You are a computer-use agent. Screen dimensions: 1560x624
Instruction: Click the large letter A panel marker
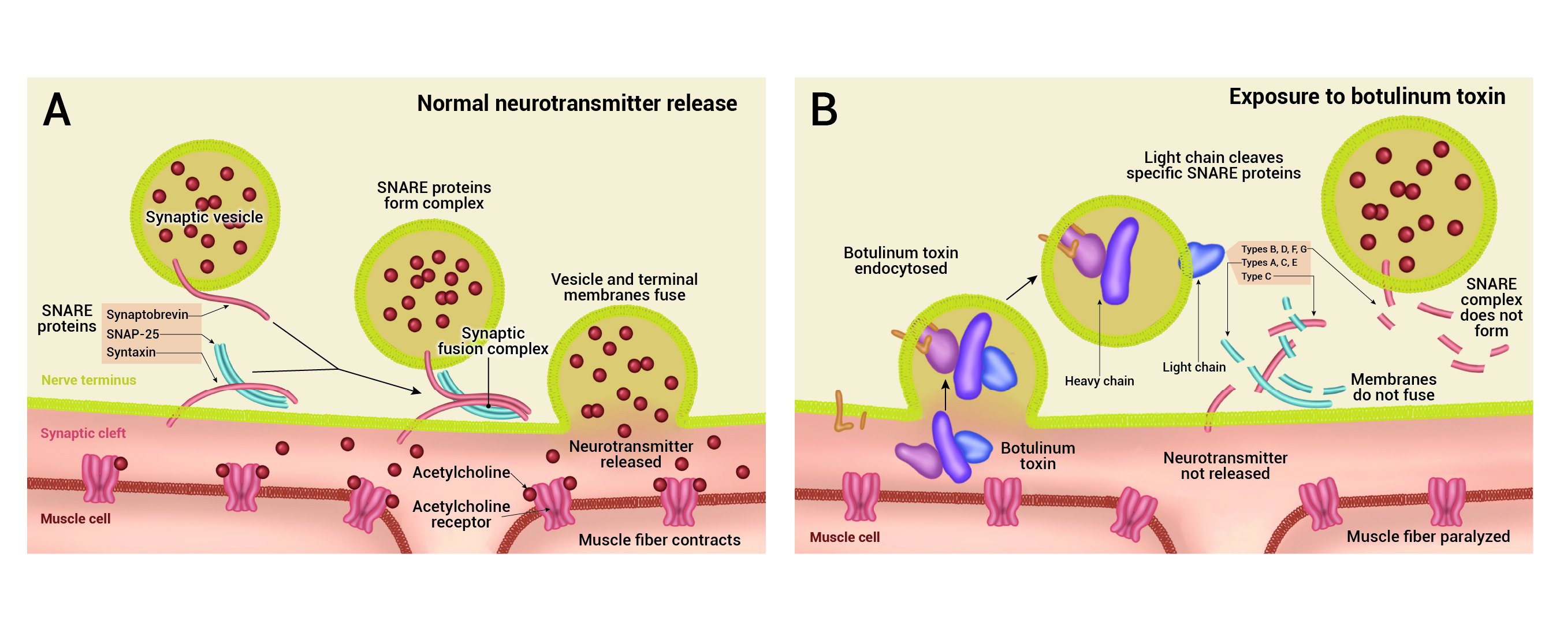[57, 110]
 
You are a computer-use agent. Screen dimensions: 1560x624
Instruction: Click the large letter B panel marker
[824, 110]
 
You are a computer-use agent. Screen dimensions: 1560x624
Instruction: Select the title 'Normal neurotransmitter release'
[576, 103]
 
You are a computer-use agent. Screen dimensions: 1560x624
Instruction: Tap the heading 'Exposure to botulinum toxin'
[1367, 97]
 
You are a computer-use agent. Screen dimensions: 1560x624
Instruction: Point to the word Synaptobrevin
[147, 314]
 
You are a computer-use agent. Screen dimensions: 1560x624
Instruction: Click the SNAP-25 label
[133, 334]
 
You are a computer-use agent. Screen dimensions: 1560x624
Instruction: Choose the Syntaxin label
[131, 352]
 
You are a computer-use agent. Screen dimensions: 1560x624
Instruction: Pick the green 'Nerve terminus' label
[88, 380]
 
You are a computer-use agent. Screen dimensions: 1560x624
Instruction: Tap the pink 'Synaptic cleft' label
[83, 433]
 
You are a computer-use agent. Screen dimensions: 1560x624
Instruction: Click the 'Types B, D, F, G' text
[1274, 249]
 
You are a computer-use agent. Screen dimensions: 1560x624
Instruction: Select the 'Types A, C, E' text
[1269, 262]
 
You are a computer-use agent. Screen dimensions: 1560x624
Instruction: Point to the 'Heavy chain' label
[1099, 381]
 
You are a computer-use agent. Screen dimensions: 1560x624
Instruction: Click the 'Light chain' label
[1194, 367]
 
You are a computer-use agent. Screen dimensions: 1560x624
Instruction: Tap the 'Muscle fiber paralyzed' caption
[1428, 537]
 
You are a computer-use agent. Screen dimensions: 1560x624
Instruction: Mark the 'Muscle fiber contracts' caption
[659, 540]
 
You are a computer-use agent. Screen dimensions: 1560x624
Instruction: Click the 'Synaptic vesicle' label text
[204, 217]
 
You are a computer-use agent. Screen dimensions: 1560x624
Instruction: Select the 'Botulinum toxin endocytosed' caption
[900, 261]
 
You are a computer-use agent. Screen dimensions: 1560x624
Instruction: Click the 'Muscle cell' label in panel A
[75, 519]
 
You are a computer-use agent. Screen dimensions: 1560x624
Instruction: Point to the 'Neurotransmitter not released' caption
[1225, 466]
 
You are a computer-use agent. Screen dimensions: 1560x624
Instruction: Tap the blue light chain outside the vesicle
[1201, 259]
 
